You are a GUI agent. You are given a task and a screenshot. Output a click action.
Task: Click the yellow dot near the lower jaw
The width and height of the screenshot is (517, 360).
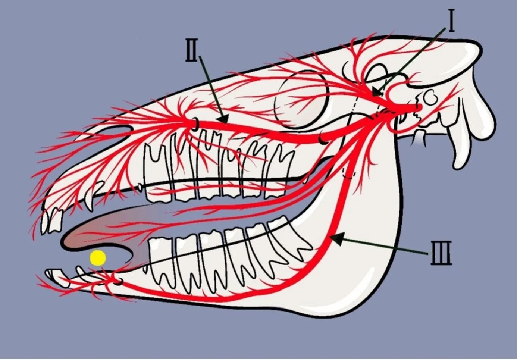(98, 258)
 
